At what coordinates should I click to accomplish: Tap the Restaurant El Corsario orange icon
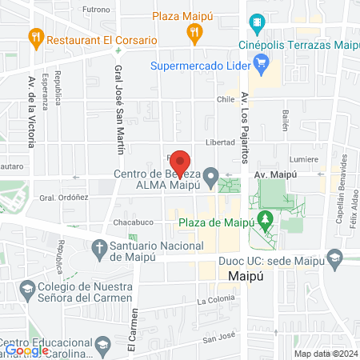coord(35,36)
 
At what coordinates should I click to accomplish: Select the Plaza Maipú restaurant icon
coord(193,33)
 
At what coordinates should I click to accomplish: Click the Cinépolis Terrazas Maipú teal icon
coord(256,20)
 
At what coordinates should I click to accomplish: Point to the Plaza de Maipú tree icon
coord(264,219)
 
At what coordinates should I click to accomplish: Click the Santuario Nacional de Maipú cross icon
coord(99,246)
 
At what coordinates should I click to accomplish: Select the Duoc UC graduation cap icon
coord(334,258)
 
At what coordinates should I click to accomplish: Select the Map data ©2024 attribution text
coord(326,354)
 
